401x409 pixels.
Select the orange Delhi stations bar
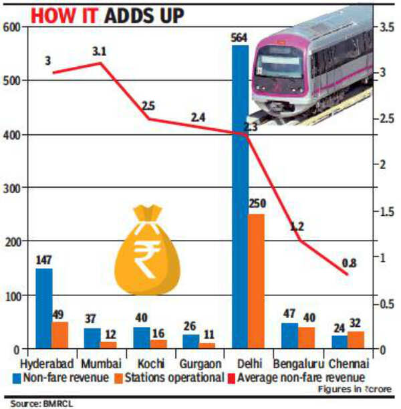[257, 281]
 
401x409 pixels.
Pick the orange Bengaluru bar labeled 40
[307, 337]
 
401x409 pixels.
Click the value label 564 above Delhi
[240, 37]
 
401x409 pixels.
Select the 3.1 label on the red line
[100, 51]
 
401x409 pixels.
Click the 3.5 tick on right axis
[388, 27]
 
